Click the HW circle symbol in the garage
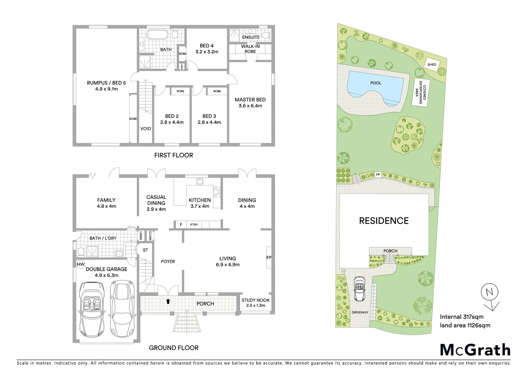click(81, 265)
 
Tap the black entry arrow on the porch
click(168, 301)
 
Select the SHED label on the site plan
click(432, 65)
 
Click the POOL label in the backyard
click(376, 83)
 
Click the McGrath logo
click(475, 350)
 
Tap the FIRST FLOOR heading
click(173, 155)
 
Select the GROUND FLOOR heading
click(173, 348)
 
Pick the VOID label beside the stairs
click(145, 128)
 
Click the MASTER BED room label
click(250, 100)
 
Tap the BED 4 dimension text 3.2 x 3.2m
click(207, 52)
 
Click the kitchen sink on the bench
click(199, 181)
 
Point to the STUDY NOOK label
click(255, 300)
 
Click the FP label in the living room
click(268, 257)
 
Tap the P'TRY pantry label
click(194, 225)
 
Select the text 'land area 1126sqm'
click(465, 325)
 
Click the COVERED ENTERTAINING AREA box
click(421, 92)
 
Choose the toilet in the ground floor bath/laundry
click(81, 251)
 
